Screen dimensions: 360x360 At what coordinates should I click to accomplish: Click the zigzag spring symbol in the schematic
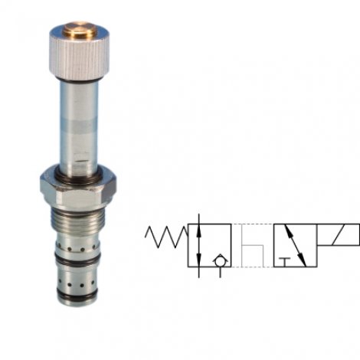pos(166,235)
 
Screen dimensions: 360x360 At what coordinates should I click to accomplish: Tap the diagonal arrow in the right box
pos(294,245)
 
